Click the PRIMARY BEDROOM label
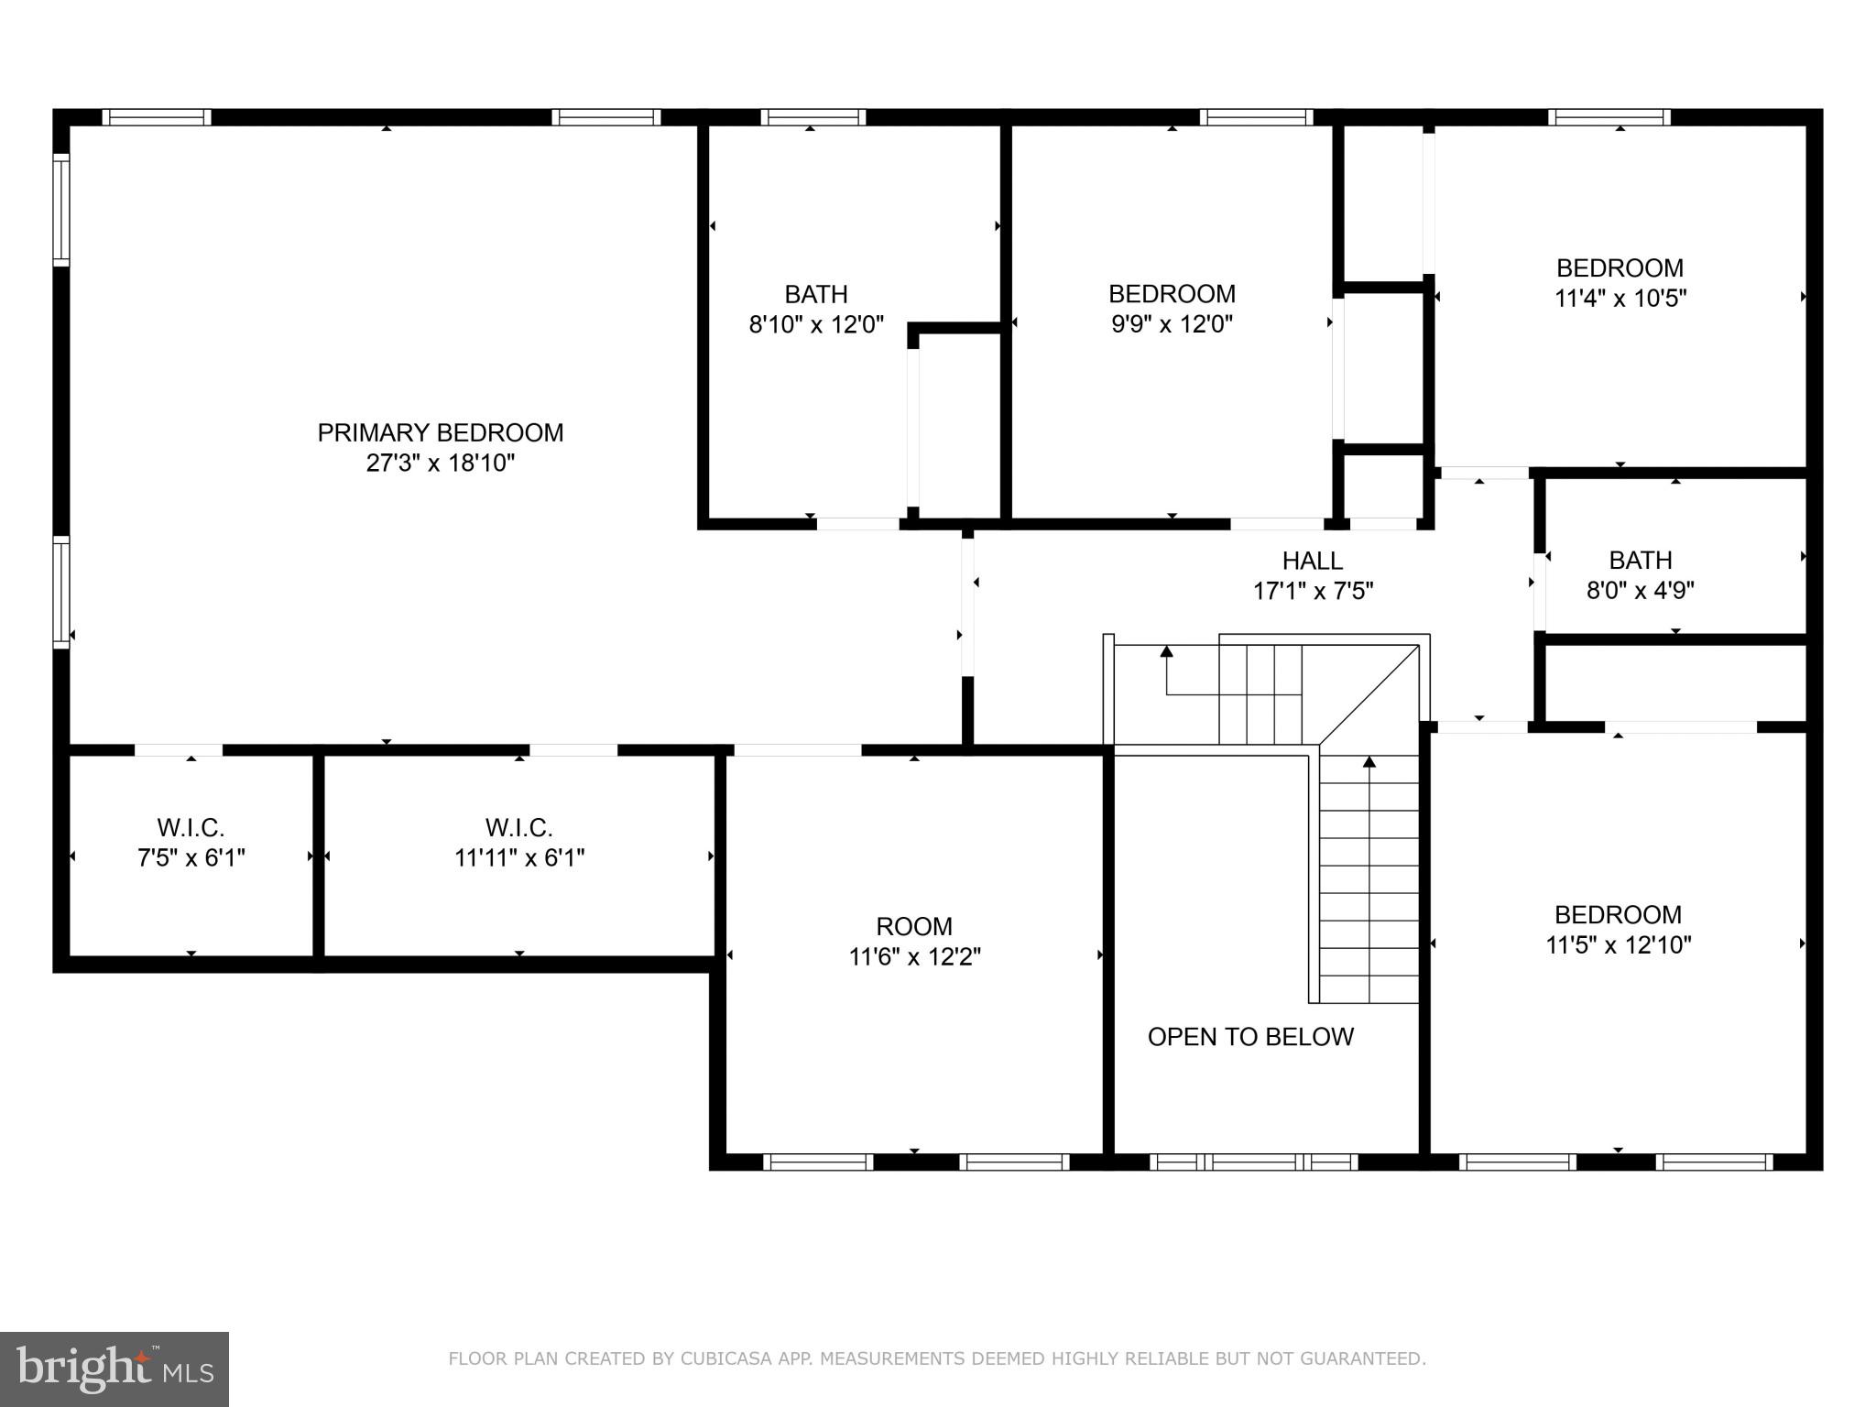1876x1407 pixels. pyautogui.click(x=440, y=432)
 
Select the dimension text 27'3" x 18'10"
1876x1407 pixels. pyautogui.click(x=440, y=464)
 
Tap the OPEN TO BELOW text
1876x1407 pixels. pyautogui.click(x=1250, y=1037)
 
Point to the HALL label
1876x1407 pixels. pyautogui.click(x=1312, y=561)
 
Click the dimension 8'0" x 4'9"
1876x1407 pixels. pyautogui.click(x=1640, y=590)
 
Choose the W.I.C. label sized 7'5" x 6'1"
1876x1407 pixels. pyautogui.click(x=191, y=828)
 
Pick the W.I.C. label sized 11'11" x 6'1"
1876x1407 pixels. pyautogui.click(x=518, y=828)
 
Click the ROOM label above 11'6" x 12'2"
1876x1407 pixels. pyautogui.click(x=913, y=926)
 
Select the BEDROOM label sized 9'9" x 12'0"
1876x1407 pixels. pyautogui.click(x=1172, y=294)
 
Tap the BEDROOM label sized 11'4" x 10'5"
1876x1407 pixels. pyautogui.click(x=1620, y=268)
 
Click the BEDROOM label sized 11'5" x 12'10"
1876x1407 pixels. pyautogui.click(x=1618, y=915)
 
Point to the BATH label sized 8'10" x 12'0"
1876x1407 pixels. pyautogui.click(x=815, y=295)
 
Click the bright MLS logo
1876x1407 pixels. pyautogui.click(x=115, y=1369)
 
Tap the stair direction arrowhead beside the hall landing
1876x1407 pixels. pyautogui.click(x=1166, y=652)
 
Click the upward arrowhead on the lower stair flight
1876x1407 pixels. pyautogui.click(x=1369, y=761)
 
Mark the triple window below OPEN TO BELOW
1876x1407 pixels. pyautogui.click(x=1254, y=1162)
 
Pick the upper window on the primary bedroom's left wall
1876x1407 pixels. pyautogui.click(x=61, y=210)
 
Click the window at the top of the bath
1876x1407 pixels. pyautogui.click(x=813, y=117)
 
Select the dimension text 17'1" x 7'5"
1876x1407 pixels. pyautogui.click(x=1313, y=592)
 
